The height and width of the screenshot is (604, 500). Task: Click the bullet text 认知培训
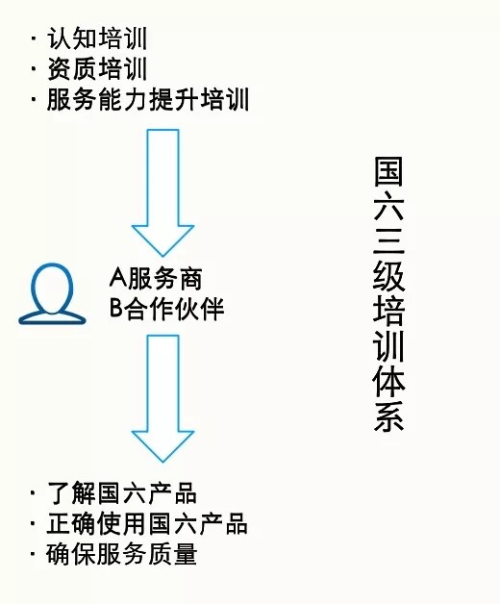[97, 38]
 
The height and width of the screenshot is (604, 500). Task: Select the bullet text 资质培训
[97, 69]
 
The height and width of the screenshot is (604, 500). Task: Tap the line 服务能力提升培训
[148, 100]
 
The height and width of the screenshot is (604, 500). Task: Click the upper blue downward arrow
[162, 192]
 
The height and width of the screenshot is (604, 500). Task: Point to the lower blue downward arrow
[162, 398]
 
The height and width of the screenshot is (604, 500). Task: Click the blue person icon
[52, 293]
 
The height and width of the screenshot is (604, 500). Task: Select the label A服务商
[156, 278]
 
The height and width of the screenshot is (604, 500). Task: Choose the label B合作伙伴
[166, 309]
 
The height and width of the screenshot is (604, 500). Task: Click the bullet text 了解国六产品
[122, 493]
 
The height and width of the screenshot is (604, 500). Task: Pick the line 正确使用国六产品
[147, 523]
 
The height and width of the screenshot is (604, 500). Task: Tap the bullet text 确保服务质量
[122, 554]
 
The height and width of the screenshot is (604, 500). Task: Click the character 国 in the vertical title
[388, 171]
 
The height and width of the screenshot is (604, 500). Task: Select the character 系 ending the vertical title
[388, 416]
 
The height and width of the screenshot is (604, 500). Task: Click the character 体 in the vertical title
[388, 383]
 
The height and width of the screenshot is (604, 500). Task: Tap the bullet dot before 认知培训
[34, 38]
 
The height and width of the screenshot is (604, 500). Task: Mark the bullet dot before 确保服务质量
[34, 554]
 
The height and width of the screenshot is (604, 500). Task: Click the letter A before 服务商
[118, 278]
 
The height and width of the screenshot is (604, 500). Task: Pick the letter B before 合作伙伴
[116, 309]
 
